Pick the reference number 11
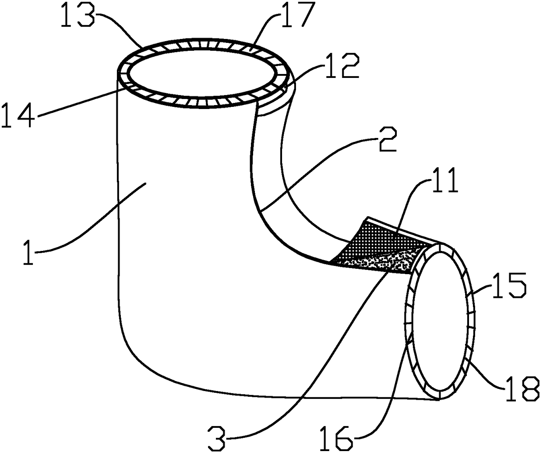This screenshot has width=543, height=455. pos(442,182)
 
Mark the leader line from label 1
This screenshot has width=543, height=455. pos(88,228)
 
